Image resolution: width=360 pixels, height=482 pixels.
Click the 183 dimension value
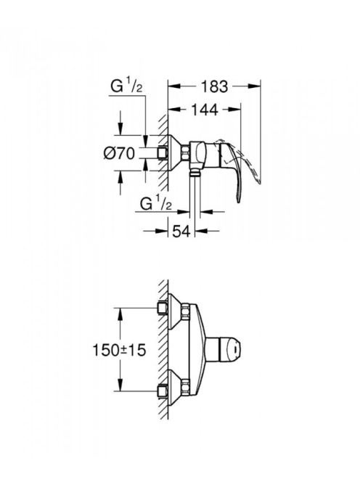215,86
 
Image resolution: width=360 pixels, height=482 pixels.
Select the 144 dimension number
205,110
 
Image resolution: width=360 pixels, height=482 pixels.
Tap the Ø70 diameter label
119,153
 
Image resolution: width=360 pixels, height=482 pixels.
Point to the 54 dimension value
181,231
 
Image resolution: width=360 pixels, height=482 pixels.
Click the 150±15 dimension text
119,350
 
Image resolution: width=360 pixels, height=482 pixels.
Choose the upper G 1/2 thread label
126,86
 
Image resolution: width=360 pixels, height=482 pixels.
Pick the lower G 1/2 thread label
156,203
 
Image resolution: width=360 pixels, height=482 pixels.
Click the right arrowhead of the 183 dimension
255,86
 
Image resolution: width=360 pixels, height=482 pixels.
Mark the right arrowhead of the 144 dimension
235,110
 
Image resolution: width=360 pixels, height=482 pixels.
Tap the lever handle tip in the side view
237,200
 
